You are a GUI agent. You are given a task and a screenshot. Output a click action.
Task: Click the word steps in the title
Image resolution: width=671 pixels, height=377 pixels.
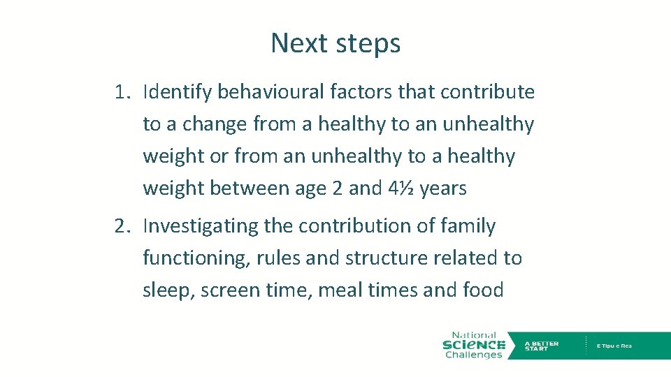[368, 44]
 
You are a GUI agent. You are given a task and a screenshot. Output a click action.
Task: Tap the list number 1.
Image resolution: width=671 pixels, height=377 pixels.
[123, 92]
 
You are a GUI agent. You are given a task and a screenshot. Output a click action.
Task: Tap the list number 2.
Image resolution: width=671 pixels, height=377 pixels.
[123, 226]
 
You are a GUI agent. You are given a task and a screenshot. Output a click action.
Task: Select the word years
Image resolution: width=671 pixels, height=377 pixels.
[443, 189]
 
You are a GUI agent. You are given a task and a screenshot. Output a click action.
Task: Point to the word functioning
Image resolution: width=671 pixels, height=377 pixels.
[196, 258]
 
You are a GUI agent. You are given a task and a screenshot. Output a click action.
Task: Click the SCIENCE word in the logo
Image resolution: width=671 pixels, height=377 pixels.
[474, 345]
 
